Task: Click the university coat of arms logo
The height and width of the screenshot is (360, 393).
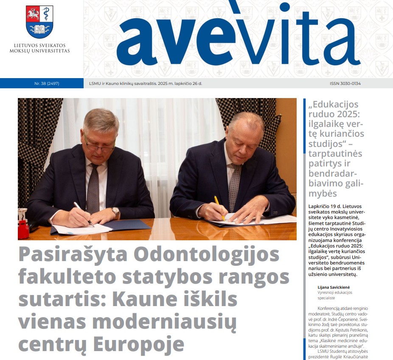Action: click(39, 22)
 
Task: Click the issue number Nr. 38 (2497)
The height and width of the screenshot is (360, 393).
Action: click(47, 83)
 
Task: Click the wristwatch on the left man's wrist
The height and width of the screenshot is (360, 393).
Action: click(115, 211)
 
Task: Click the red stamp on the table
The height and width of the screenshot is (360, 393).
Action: click(23, 229)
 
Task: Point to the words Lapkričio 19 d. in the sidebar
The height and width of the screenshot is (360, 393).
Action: click(325, 207)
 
